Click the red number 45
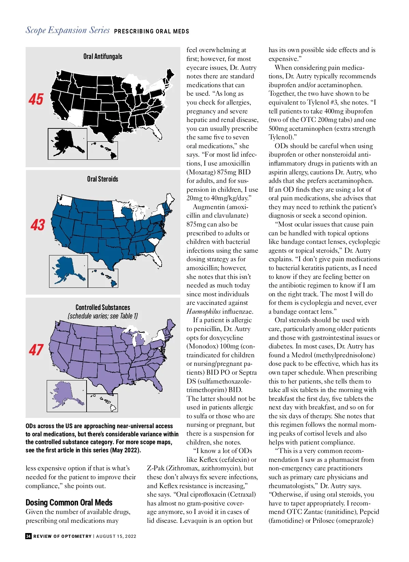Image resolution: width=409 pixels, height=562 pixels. [x=36, y=99]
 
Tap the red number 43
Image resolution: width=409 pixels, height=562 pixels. [x=37, y=225]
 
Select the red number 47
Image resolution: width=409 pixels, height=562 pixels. [x=36, y=350]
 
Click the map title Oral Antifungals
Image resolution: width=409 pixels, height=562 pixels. [x=103, y=57]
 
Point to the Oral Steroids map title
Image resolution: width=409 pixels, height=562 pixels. [x=103, y=179]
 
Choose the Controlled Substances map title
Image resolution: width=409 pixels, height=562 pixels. [x=103, y=307]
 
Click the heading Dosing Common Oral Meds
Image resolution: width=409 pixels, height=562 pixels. [x=69, y=502]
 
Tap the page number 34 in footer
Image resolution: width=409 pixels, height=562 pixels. [x=29, y=536]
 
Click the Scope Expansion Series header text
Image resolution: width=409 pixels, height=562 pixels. [x=67, y=30]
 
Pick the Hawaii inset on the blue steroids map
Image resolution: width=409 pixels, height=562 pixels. [x=104, y=278]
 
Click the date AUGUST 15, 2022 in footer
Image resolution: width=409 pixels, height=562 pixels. [x=116, y=536]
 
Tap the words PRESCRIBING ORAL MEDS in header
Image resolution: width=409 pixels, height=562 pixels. [x=151, y=31]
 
